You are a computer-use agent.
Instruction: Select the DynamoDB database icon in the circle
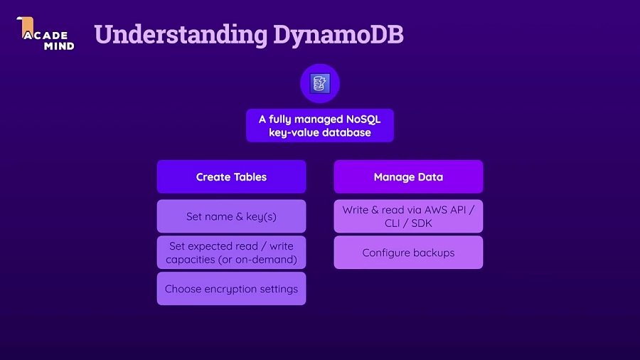pyautogui.click(x=320, y=83)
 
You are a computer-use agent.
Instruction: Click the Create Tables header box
pyautogui.click(x=231, y=177)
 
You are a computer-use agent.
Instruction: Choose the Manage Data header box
pyautogui.click(x=408, y=177)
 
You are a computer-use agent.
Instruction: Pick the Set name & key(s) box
pyautogui.click(x=231, y=216)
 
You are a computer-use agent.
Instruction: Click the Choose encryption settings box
pyautogui.click(x=231, y=289)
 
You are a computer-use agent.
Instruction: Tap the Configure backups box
pyautogui.click(x=408, y=253)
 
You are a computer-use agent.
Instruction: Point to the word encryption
pyautogui.click(x=230, y=289)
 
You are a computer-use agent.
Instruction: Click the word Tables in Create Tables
pyautogui.click(x=248, y=177)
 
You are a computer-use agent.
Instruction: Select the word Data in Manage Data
pyautogui.click(x=430, y=177)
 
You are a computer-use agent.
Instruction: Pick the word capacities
pyautogui.click(x=190, y=259)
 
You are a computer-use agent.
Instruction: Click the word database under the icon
pyautogui.click(x=346, y=132)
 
